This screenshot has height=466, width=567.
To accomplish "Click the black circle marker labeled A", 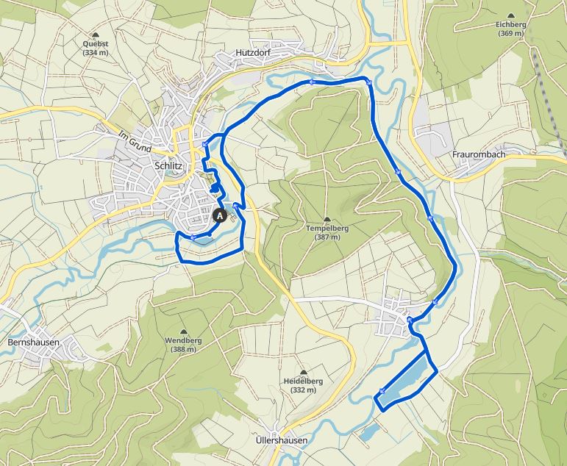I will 219,216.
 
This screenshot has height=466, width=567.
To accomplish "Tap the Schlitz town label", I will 168,166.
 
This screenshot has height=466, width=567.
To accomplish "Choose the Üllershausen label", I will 281,440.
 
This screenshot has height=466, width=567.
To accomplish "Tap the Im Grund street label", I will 135,142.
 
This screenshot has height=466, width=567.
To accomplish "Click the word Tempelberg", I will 327,229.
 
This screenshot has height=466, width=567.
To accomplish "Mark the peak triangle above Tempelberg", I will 327,219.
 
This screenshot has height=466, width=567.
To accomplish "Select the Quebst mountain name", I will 96,44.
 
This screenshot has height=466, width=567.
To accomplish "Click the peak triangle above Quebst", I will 96,35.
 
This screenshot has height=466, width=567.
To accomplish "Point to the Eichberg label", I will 510,24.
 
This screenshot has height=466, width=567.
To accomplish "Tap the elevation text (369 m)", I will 510,33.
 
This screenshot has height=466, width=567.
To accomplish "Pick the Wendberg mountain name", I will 183,341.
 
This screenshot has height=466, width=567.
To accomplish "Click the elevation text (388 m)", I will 183,350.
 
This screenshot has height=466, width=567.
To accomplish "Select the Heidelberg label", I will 303,381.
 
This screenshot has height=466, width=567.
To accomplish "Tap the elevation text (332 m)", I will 303,390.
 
